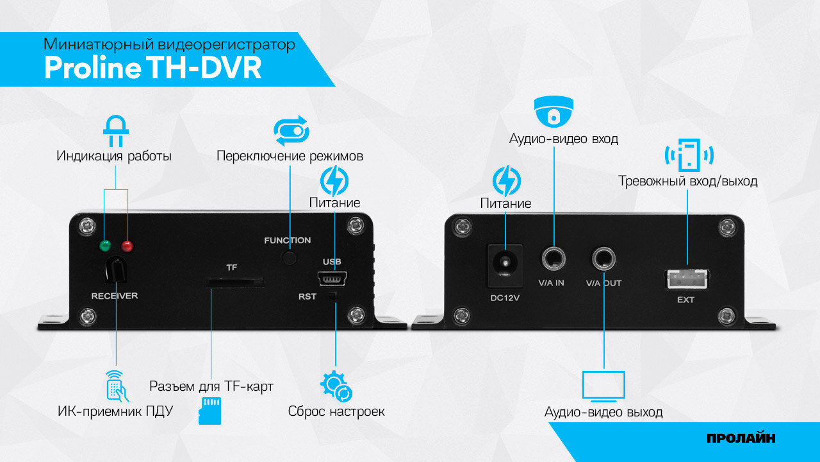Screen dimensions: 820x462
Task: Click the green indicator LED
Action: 104,245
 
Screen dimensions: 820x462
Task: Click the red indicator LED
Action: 127,245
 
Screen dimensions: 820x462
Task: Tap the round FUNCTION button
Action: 290,257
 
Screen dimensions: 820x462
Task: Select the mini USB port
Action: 331,279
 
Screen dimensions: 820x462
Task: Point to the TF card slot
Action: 236,282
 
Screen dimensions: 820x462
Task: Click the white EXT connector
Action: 687,278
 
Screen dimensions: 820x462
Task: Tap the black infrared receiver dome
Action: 115,270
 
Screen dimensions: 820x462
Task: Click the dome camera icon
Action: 553,112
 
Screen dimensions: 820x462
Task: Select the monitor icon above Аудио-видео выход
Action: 603,386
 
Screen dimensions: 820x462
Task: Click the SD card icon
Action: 210,411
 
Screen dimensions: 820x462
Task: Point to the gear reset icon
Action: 336,386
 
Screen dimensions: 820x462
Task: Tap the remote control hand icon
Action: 116,385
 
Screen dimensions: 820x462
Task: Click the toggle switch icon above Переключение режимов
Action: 291,132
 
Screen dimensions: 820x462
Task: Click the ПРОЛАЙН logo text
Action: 741,439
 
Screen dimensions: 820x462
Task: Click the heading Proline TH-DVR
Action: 152,68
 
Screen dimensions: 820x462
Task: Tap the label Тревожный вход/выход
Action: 688,182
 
